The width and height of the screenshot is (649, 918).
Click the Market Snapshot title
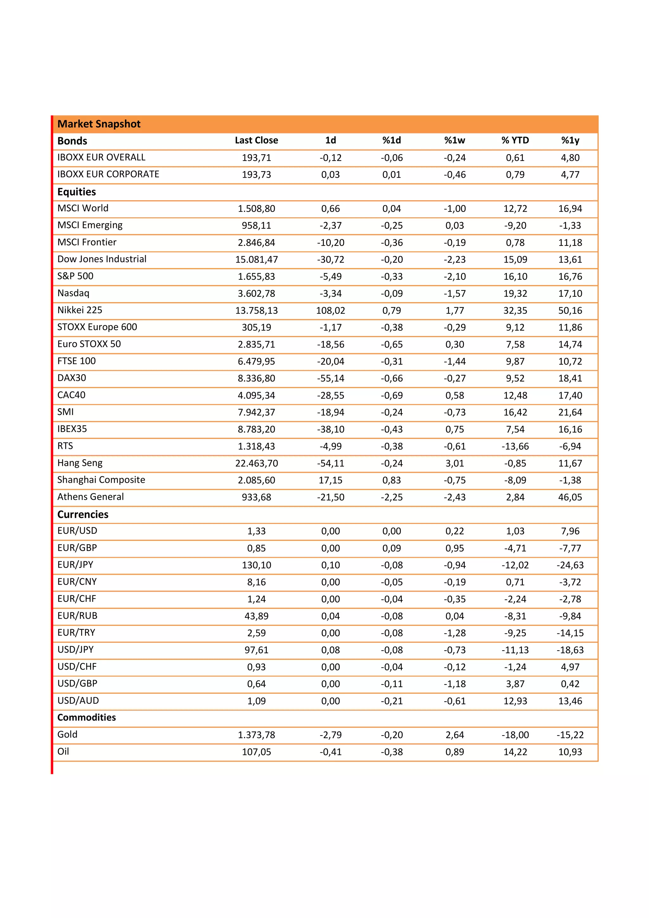click(99, 124)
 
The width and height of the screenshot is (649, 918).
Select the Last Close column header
click(256, 140)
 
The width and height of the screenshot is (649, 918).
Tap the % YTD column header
click(515, 140)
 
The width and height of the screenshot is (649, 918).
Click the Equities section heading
click(76, 192)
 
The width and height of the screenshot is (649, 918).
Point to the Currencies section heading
click(83, 514)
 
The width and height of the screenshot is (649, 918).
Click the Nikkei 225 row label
click(80, 310)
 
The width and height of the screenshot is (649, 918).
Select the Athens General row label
click(90, 497)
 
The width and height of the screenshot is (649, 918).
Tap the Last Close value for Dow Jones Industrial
click(256, 259)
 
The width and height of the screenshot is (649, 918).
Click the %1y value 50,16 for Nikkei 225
click(570, 311)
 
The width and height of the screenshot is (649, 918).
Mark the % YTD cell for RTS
click(515, 446)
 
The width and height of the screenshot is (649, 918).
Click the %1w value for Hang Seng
click(455, 463)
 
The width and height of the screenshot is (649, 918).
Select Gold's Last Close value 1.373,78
click(256, 735)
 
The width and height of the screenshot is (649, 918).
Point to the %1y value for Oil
click(570, 752)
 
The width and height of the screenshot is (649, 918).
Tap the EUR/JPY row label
click(75, 564)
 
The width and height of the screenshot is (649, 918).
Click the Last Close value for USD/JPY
click(256, 650)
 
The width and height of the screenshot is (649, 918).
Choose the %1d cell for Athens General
click(391, 497)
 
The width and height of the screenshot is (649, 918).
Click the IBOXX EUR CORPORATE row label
click(108, 174)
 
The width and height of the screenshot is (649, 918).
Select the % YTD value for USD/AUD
click(515, 701)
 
